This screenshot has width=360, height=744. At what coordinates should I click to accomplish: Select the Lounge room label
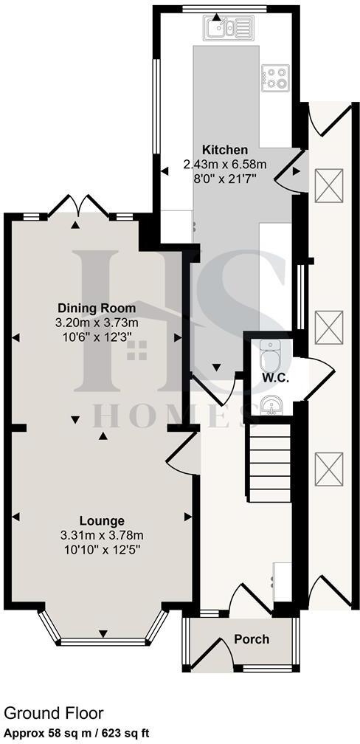pos(103,520)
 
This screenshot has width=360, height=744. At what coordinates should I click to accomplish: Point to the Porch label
pos(252,639)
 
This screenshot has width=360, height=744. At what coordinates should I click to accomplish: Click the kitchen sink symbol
pos(227,29)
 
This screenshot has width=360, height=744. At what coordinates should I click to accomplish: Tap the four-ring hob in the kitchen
pos(274,77)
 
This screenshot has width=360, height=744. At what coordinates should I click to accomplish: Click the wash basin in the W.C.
pos(269,405)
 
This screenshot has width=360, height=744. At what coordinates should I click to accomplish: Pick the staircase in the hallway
pos(270,465)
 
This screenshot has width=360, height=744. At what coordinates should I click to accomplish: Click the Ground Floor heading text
pos(53,714)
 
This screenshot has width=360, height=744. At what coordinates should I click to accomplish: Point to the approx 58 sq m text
pos(44,733)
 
